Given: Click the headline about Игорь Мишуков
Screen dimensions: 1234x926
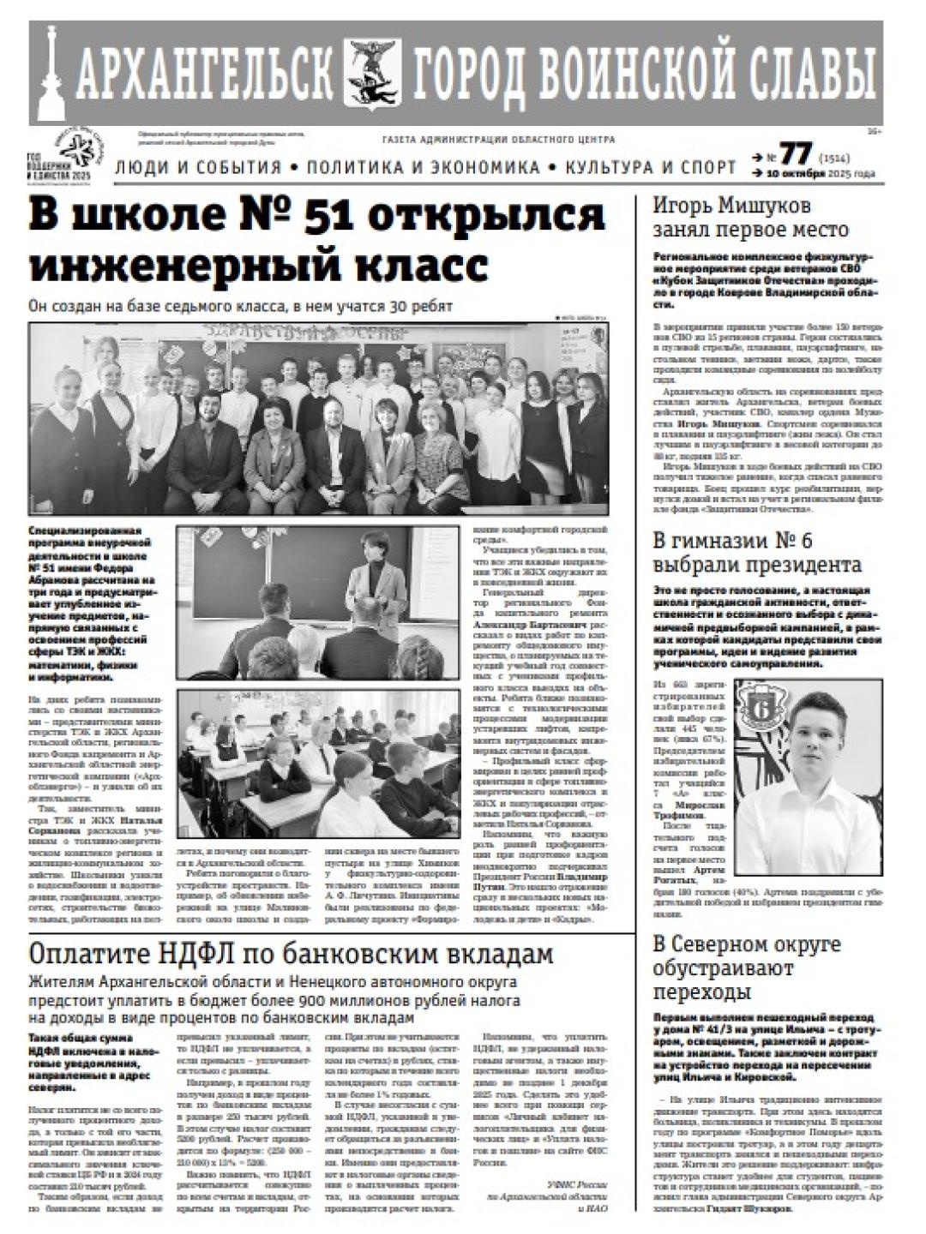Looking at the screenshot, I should pos(750,218).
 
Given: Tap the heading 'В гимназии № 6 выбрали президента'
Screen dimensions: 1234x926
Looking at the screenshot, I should pos(757,553).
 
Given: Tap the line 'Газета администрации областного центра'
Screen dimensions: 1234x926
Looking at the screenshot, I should pos(497,140).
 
